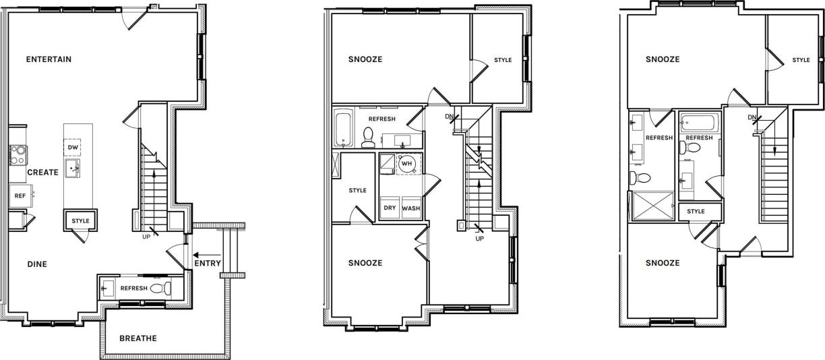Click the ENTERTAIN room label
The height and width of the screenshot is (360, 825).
pos(49,59)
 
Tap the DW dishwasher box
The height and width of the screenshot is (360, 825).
pos(73,146)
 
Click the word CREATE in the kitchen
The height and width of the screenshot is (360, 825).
pos(42,173)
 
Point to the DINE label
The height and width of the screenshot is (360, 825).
pos(37,264)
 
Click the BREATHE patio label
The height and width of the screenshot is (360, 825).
pos(137,338)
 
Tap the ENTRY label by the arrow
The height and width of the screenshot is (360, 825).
pos(207,264)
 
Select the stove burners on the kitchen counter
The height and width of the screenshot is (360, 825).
pos(16,155)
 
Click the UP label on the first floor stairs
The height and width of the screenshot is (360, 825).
pos(146,237)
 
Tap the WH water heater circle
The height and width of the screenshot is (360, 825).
pos(406,163)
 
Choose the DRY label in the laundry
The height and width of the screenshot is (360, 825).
pos(390,208)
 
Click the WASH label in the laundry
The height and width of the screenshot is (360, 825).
pos(411,208)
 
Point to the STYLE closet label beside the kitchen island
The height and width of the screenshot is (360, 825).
pos(80,221)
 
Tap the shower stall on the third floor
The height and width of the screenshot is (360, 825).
pos(652,206)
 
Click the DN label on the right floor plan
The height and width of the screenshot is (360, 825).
pos(752,118)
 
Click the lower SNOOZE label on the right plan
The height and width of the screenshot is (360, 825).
pos(662,263)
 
